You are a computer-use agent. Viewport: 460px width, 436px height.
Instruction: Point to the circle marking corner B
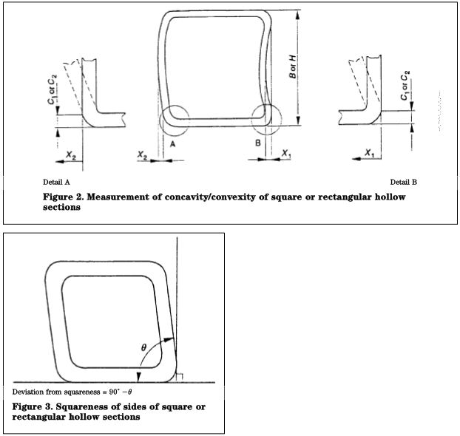(266, 118)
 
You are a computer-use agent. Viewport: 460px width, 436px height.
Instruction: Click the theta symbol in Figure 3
(145, 346)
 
